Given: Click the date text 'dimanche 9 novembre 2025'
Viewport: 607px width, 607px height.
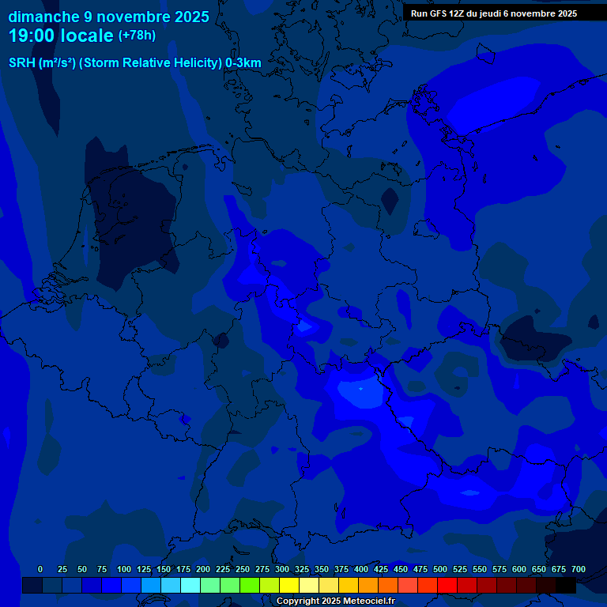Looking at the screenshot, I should tap(108, 17).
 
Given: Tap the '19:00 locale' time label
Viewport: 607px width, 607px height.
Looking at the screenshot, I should tap(62, 36).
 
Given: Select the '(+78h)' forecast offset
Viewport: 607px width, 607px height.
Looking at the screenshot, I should tap(137, 36).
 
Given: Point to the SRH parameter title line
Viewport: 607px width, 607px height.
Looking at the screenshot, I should tap(134, 63).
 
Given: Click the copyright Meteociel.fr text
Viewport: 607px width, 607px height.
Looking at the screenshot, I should tap(335, 601).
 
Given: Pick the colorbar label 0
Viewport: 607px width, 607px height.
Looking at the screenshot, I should tap(40, 570).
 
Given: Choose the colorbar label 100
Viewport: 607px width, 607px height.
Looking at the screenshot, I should tap(124, 570).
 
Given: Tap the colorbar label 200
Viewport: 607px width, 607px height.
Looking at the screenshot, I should tap(203, 570).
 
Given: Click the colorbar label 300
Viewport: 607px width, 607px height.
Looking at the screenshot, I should tap(282, 570).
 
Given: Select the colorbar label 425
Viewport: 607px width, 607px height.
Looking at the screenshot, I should tap(381, 570).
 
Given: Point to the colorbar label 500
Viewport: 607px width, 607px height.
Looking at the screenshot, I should tap(440, 570).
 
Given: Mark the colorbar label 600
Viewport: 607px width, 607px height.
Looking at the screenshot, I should tap(519, 570).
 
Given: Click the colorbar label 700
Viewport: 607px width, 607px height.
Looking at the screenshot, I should tap(579, 570).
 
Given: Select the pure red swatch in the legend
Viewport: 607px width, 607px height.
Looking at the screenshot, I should tap(447, 585).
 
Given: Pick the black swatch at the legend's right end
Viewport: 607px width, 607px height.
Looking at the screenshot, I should tap(566, 585).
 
